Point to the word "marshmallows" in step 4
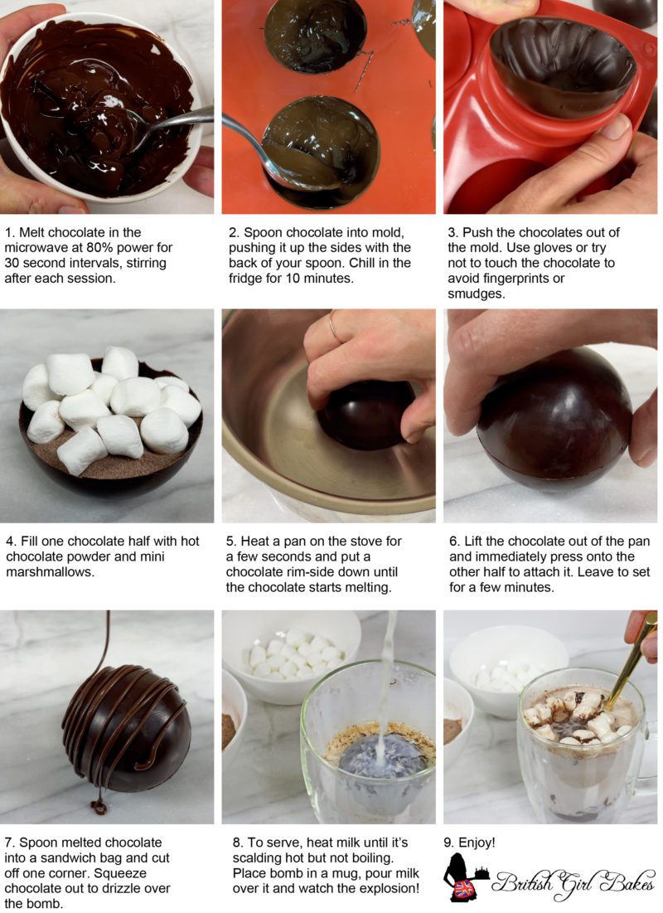(x=45, y=556)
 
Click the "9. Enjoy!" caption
(x=470, y=843)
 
